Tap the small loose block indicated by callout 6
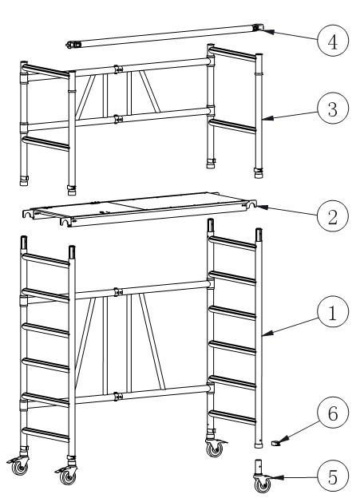click(x=275, y=441)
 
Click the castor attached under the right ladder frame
click(x=214, y=448)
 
